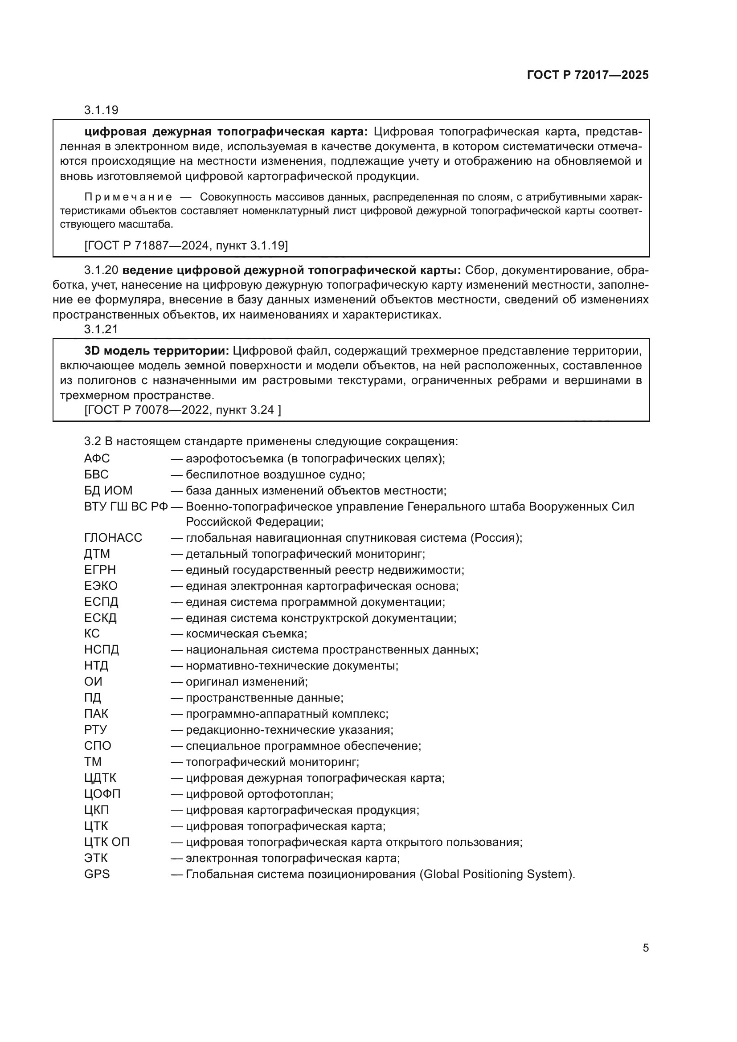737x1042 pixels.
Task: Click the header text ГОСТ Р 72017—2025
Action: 588,75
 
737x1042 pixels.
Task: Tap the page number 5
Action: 646,948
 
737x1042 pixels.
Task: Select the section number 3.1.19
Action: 101,110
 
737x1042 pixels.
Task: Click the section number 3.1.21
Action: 101,330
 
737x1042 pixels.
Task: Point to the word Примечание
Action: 128,197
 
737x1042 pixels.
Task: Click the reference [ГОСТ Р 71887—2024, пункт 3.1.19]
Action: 186,245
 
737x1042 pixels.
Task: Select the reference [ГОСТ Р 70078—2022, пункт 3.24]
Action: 182,410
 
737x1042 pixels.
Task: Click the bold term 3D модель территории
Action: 156,351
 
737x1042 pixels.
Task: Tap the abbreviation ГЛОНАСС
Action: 113,538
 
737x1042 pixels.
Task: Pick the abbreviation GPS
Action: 97,874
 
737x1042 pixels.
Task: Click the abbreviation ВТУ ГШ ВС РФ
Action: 126,507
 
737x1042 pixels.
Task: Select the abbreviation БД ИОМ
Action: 108,490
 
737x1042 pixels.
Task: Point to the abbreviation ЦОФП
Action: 102,794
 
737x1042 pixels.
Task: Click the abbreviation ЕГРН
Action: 100,570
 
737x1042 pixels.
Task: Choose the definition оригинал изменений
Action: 246,682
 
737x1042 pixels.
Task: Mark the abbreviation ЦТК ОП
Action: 106,842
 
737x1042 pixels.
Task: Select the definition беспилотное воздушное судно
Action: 275,475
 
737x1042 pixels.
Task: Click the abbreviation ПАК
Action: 96,714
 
